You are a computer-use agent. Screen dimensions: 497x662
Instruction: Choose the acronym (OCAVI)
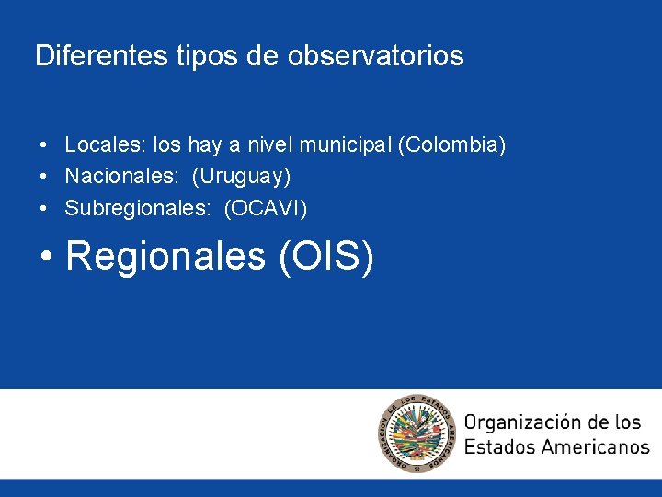coord(266,209)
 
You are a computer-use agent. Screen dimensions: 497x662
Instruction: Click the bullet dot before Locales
coord(44,145)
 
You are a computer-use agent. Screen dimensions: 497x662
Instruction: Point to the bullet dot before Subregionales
coord(44,210)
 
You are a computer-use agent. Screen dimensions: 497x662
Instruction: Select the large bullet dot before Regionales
coord(47,257)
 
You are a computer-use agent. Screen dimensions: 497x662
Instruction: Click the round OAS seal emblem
coord(417,433)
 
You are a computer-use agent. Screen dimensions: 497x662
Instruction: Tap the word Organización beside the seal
coord(522,422)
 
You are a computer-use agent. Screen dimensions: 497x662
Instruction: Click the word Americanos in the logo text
coord(594,447)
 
